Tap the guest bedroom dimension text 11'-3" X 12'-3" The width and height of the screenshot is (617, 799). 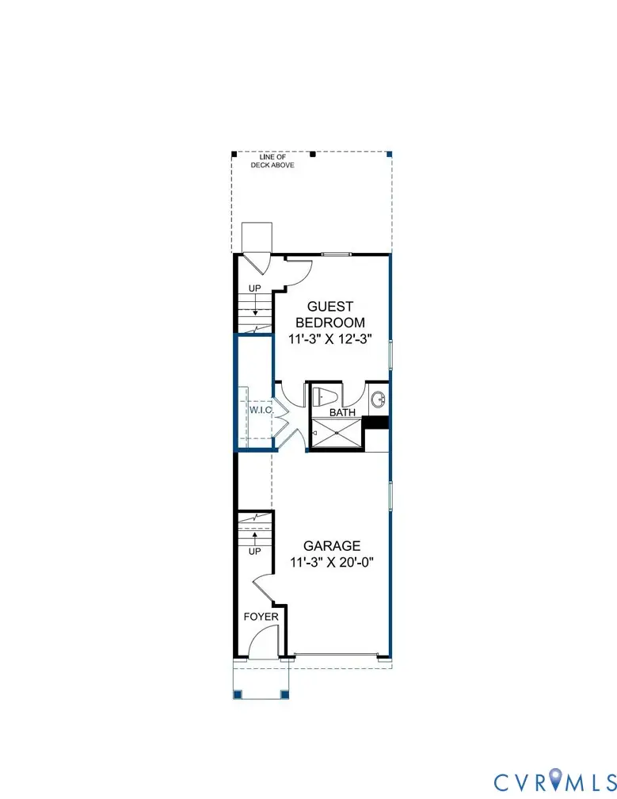pyautogui.click(x=329, y=338)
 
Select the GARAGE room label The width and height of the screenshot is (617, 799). pyautogui.click(x=332, y=545)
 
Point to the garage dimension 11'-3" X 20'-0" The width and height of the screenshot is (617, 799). pyautogui.click(x=332, y=563)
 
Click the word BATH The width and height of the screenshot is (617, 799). pyautogui.click(x=343, y=413)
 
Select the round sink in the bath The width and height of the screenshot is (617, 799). pyautogui.click(x=378, y=397)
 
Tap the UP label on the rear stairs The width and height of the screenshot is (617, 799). pyautogui.click(x=255, y=289)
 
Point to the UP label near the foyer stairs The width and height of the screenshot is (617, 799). pyautogui.click(x=255, y=551)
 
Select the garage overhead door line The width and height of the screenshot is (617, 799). pyautogui.click(x=336, y=655)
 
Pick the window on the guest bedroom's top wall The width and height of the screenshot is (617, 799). pyautogui.click(x=337, y=254)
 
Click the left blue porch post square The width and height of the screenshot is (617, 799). pyautogui.click(x=237, y=695)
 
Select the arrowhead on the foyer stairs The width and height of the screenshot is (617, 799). pyautogui.click(x=255, y=537)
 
